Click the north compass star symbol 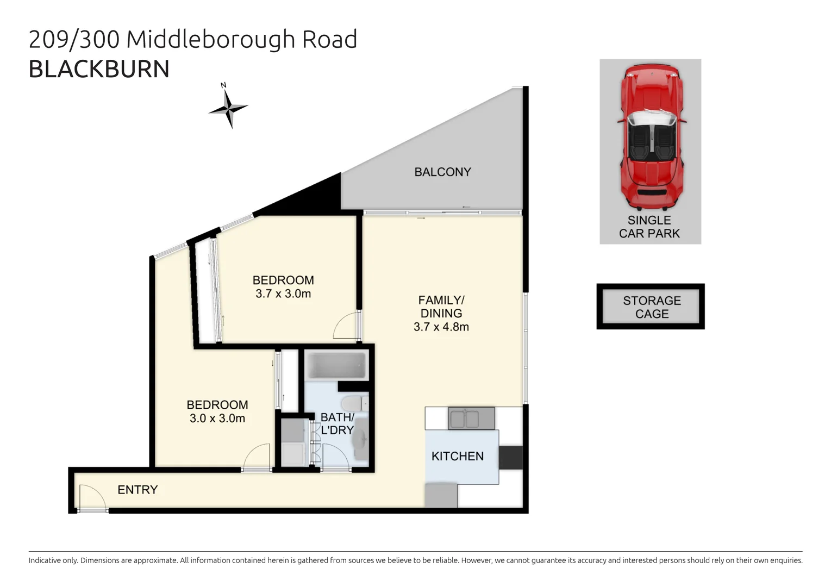[x=228, y=108]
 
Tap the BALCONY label [x=442, y=172]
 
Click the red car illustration [x=651, y=138]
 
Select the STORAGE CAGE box [x=651, y=307]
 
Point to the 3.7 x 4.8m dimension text [x=441, y=327]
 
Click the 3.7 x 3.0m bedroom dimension [x=283, y=294]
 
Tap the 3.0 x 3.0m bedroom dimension [x=217, y=419]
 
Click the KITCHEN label [x=457, y=457]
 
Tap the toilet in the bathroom [x=353, y=404]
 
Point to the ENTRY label [x=138, y=490]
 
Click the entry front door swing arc [x=91, y=497]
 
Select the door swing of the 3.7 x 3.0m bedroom [x=346, y=327]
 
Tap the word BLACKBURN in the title [x=99, y=70]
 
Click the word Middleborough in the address [x=211, y=39]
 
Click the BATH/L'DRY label [x=337, y=424]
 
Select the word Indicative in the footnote [x=48, y=560]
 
